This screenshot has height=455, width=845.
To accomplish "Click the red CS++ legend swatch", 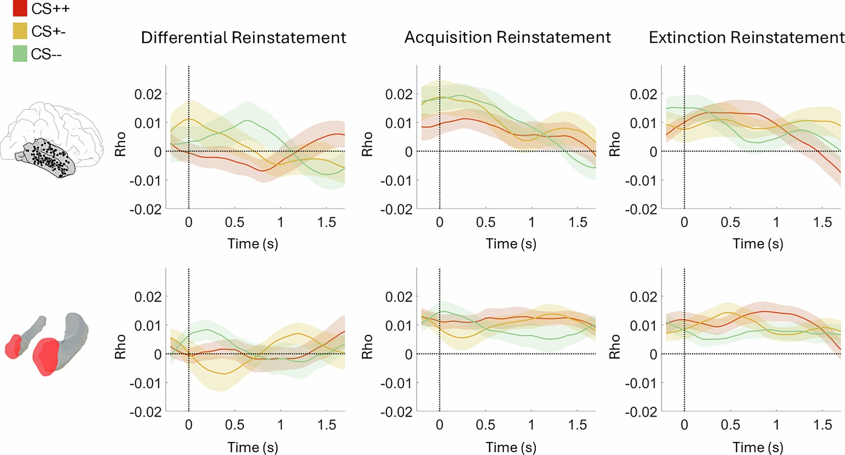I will [20, 8].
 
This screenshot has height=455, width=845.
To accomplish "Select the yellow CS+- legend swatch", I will [20, 31].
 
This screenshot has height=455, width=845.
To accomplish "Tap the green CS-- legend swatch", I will [20, 53].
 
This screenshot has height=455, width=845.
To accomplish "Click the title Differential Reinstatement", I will [243, 38].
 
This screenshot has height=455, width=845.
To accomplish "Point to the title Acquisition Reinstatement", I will [507, 37].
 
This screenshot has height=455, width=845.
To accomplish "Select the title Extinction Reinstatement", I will [746, 37].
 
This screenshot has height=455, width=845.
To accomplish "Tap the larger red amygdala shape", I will [45, 356].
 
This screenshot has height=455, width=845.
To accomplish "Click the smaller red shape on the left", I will [13, 346].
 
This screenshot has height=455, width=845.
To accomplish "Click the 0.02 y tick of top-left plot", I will [147, 94].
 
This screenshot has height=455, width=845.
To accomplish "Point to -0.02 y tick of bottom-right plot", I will [640, 412].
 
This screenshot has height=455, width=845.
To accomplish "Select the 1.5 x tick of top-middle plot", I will [577, 222].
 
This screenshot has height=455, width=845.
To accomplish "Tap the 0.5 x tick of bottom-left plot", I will [234, 425].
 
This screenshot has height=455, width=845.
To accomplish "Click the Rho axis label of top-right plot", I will [615, 144].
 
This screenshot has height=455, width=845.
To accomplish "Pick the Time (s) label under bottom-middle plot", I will [511, 447].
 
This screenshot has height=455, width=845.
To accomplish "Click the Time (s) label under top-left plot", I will [252, 244].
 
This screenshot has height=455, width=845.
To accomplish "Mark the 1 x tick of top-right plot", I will [776, 222].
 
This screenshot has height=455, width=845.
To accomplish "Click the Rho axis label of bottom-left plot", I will [120, 346].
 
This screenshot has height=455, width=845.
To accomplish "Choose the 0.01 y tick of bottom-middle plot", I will [399, 326].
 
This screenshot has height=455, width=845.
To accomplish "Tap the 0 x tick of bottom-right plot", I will [684, 425].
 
